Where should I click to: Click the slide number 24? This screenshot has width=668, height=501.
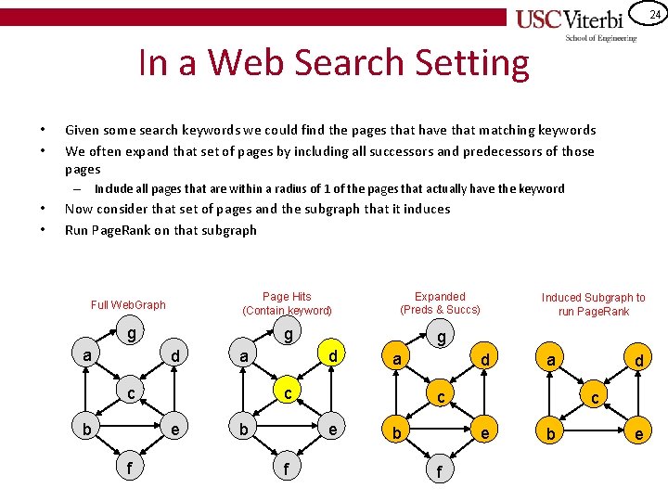(654, 14)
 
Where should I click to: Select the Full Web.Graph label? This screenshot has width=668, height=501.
(128, 304)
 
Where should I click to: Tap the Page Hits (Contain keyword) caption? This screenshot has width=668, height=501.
(287, 303)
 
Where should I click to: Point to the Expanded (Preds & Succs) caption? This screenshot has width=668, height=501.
(440, 303)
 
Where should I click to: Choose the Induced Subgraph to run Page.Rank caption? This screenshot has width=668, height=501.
(594, 304)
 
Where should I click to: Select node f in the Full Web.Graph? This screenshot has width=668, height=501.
(129, 469)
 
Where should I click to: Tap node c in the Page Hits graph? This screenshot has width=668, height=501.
(289, 393)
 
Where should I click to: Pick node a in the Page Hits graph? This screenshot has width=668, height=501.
(243, 356)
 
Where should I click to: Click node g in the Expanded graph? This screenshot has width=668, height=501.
(442, 337)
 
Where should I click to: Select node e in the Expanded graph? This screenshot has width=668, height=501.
(484, 432)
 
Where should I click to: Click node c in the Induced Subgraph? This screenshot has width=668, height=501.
(594, 396)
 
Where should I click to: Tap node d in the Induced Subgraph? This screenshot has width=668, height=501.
(639, 358)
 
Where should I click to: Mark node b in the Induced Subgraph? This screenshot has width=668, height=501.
(551, 434)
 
